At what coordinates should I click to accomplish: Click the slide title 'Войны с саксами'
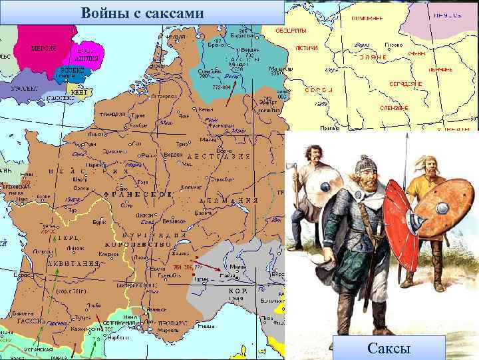(x=142, y=13)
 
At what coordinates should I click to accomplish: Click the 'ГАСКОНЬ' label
(x=32, y=321)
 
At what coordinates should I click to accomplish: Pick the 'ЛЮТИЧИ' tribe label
(x=305, y=48)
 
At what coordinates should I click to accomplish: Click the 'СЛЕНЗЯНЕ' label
(x=395, y=107)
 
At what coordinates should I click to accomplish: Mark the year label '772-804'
(x=222, y=87)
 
